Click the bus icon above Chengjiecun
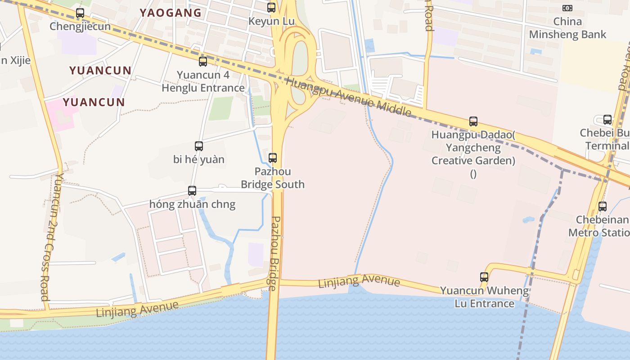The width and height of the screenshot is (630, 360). [80, 13]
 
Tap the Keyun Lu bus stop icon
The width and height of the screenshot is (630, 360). [271, 8]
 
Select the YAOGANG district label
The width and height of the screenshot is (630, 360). [171, 13]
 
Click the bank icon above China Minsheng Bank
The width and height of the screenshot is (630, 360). [567, 8]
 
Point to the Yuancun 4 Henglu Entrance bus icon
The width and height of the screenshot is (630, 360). [203, 62]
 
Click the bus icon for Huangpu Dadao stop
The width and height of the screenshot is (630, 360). [473, 121]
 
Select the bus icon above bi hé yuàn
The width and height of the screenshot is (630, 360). [199, 146]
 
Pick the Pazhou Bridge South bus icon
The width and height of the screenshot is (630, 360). [273, 158]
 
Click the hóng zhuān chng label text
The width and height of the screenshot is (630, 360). [192, 204]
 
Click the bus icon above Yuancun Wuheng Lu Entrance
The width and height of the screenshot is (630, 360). [484, 277]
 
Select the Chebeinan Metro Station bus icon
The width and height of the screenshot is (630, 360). [603, 207]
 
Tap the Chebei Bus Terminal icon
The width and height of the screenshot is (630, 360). [607, 120]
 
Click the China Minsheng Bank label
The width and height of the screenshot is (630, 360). [567, 28]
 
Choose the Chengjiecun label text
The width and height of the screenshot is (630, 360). [80, 26]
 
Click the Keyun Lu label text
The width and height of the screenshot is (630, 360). [271, 21]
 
